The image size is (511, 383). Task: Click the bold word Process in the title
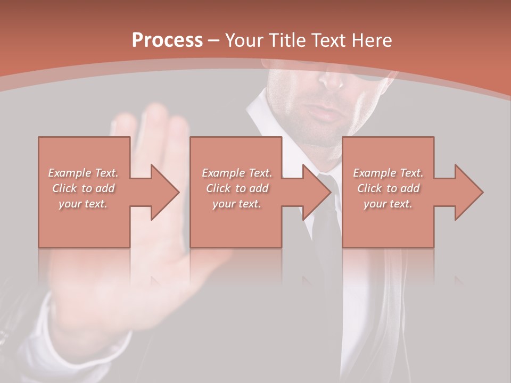tap(167, 40)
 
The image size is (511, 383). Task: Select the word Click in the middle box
tap(219, 188)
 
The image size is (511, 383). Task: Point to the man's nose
tap(332, 80)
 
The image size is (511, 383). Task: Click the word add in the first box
tap(105, 188)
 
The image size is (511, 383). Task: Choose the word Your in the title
tap(244, 40)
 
